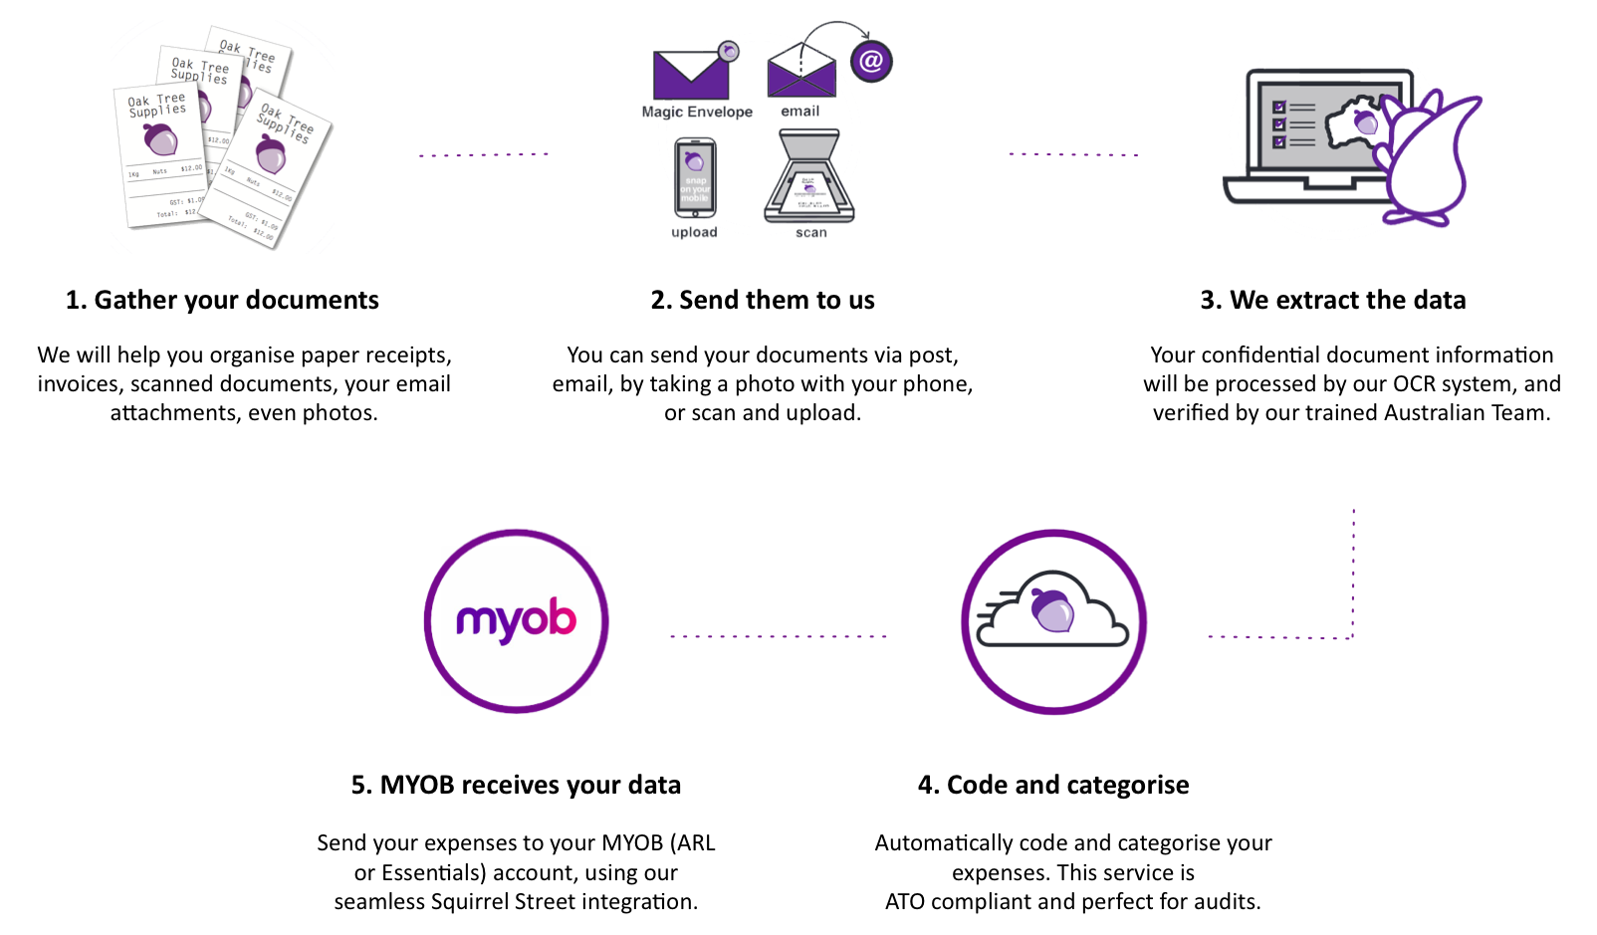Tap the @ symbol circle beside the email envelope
pyautogui.click(x=871, y=62)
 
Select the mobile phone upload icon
pyautogui.click(x=695, y=178)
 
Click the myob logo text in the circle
pyautogui.click(x=516, y=621)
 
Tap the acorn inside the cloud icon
pyautogui.click(x=1052, y=609)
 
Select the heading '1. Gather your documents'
pyautogui.click(x=222, y=300)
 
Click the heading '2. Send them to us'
pyautogui.click(x=763, y=300)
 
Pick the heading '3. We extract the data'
pyautogui.click(x=1332, y=300)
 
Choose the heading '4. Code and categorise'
pyautogui.click(x=1053, y=785)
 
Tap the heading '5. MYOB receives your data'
pyautogui.click(x=516, y=785)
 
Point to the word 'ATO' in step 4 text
pyautogui.click(x=905, y=902)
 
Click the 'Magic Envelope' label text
pyautogui.click(x=697, y=113)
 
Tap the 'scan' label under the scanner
pyautogui.click(x=810, y=233)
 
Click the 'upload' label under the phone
pyautogui.click(x=694, y=233)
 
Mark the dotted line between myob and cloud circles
pyautogui.click(x=779, y=636)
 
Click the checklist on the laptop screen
pyautogui.click(x=1292, y=124)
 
